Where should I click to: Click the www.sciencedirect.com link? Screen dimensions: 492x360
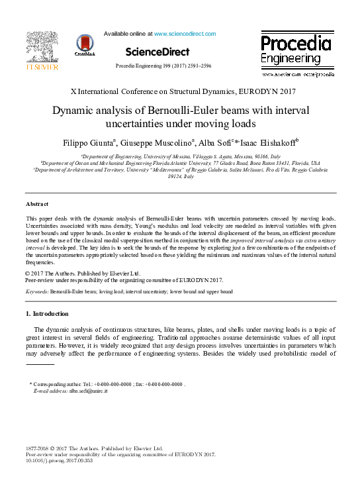click(185, 34)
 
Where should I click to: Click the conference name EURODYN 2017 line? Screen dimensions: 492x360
click(179, 91)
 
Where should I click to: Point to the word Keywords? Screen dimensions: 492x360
click(37, 291)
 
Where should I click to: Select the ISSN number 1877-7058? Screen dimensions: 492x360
click(38, 448)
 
